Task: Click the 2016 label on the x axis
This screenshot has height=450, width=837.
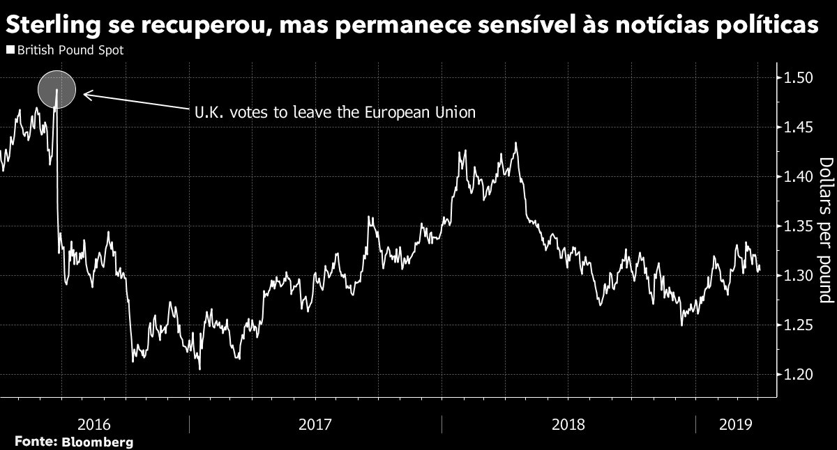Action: [x=94, y=424]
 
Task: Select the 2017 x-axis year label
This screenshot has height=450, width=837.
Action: [x=315, y=424]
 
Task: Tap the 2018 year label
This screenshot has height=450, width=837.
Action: [x=567, y=424]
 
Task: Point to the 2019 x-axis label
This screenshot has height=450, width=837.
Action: [x=734, y=424]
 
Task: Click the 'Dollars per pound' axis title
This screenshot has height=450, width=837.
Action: [x=826, y=230]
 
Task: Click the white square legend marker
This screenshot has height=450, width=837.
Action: [x=9, y=51]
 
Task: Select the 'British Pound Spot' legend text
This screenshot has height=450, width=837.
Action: [x=70, y=51]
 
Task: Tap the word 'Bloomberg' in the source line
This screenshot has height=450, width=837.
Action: [x=98, y=442]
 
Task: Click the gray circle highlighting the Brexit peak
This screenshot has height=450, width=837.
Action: [x=56, y=89]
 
